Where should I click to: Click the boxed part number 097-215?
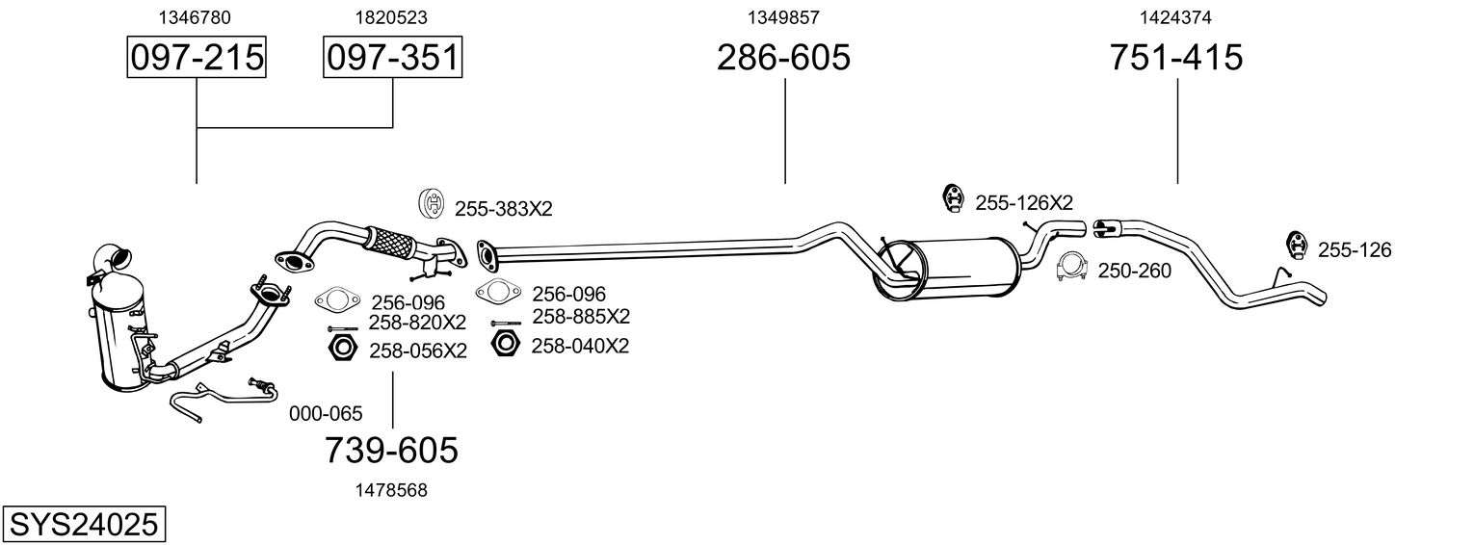pyautogui.click(x=197, y=58)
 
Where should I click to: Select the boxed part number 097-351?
pyautogui.click(x=392, y=58)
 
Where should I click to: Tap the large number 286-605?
pyautogui.click(x=783, y=58)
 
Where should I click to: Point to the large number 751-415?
pyautogui.click(x=1176, y=58)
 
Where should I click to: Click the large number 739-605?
pyautogui.click(x=390, y=450)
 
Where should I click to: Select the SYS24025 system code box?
pyautogui.click(x=83, y=525)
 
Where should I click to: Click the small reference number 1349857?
pyautogui.click(x=783, y=17)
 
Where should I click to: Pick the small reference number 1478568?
pyautogui.click(x=390, y=490)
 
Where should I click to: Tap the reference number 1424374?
pyautogui.click(x=1175, y=17)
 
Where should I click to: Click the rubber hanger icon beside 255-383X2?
pyautogui.click(x=432, y=205)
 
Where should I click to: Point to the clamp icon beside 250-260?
pyautogui.click(x=1071, y=269)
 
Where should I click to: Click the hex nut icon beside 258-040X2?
pyautogui.click(x=505, y=344)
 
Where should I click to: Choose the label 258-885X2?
pyautogui.click(x=581, y=317)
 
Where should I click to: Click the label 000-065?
pyautogui.click(x=326, y=415)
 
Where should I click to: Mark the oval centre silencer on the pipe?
pyautogui.click(x=949, y=271)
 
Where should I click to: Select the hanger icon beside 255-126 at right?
pyautogui.click(x=1296, y=247)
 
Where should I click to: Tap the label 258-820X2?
pyautogui.click(x=417, y=322)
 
